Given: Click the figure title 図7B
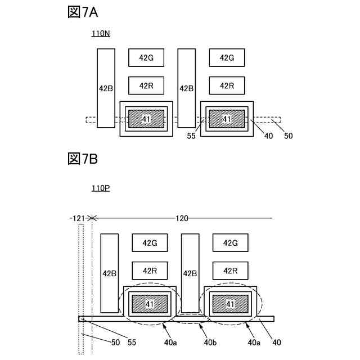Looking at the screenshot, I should click(x=83, y=159).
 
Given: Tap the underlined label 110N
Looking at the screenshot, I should click(x=101, y=34).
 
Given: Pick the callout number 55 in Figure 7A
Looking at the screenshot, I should click(x=192, y=136).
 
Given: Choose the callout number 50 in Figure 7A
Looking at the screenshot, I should click(x=287, y=136).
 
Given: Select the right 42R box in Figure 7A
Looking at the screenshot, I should click(x=227, y=85).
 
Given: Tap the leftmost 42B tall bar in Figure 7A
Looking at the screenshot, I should click(x=106, y=88).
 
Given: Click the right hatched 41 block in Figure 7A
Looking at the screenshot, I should click(x=227, y=119).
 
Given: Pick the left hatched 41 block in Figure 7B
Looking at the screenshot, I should click(x=150, y=304).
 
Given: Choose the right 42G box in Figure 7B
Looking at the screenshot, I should click(x=230, y=242).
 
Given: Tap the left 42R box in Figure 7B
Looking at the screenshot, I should click(x=150, y=271).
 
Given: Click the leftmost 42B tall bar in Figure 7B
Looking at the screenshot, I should click(x=109, y=273).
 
